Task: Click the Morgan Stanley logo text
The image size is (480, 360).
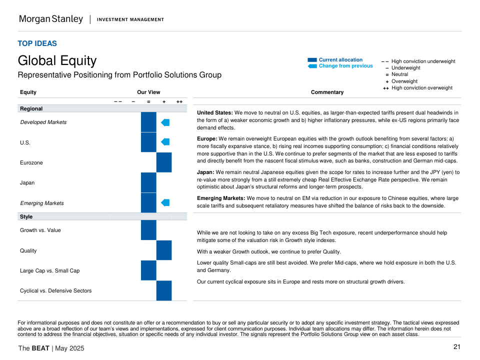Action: (x=50, y=19)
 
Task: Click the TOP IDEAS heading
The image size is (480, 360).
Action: (x=37, y=43)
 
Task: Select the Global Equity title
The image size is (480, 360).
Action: (x=57, y=61)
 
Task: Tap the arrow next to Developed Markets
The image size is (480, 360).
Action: (x=165, y=122)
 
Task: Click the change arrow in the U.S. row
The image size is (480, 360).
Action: (x=165, y=142)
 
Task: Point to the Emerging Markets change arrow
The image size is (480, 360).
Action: (x=165, y=202)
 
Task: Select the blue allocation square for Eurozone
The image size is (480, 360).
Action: (x=164, y=162)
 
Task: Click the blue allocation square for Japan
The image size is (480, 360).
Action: (x=148, y=182)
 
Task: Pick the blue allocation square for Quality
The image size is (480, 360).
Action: (x=164, y=250)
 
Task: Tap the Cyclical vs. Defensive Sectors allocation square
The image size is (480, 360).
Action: (x=164, y=290)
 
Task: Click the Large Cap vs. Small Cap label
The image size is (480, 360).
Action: (x=49, y=270)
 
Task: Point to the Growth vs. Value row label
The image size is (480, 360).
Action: (x=40, y=230)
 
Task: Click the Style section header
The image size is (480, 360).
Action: (x=26, y=216)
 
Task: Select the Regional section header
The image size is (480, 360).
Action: (x=31, y=108)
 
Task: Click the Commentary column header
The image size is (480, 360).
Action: (x=327, y=92)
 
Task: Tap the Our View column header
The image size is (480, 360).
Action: (x=148, y=92)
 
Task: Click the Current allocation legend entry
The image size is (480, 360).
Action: (x=340, y=60)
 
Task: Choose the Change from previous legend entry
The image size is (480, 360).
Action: (x=345, y=66)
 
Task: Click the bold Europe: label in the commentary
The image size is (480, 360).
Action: (x=207, y=138)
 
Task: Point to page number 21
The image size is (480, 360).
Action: (x=456, y=347)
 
